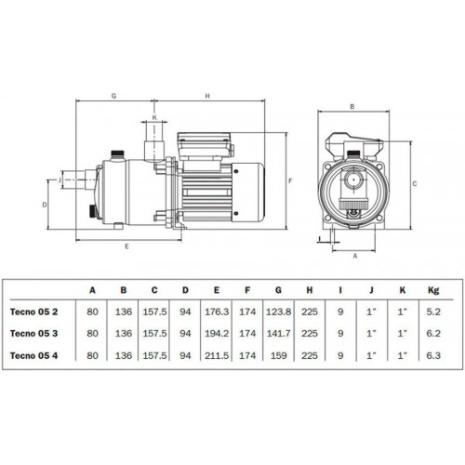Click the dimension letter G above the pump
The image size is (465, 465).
113,96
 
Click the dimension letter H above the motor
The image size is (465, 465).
207,96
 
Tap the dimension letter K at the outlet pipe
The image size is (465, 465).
154,117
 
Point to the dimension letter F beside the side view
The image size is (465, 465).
290,180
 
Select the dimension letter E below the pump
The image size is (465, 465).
126,246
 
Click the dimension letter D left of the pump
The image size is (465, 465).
45,205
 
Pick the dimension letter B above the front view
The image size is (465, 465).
352,107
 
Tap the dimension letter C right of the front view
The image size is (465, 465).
415,184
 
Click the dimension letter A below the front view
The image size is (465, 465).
355,256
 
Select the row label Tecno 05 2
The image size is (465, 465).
33,312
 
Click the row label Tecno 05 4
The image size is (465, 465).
33,355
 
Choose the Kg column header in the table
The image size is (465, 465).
433,290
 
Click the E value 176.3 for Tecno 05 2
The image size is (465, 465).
217,312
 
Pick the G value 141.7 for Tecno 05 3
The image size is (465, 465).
278,334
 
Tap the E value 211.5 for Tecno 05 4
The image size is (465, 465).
217,355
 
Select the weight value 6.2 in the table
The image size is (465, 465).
433,334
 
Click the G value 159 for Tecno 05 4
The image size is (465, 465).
278,355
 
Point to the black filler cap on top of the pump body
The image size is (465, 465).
117,153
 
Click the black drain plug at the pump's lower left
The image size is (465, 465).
92,210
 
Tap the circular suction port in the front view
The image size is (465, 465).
353,179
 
